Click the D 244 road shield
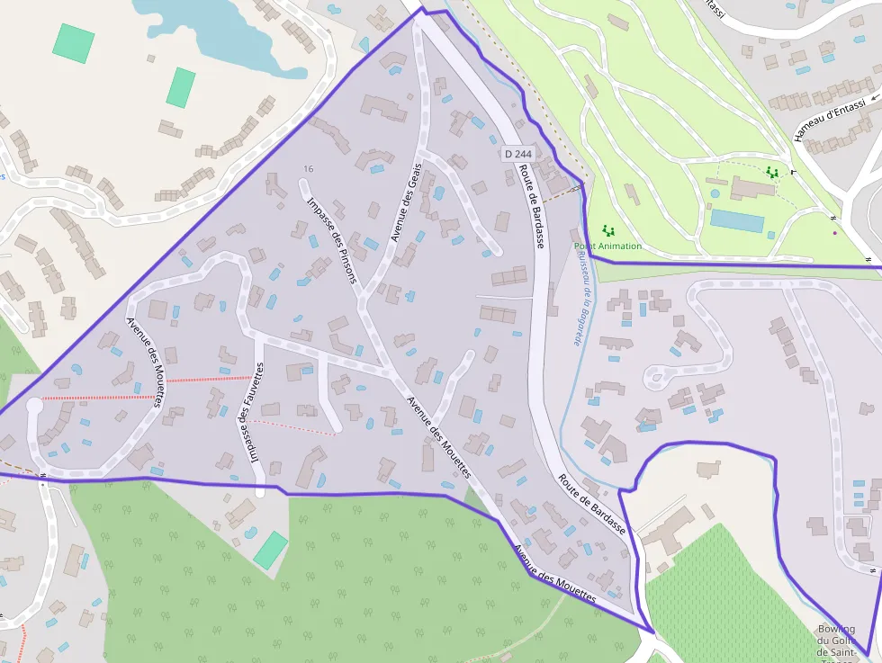coord(518,154)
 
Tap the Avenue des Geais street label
coord(406,204)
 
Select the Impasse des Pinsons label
coord(332,240)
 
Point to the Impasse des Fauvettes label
coord(252,411)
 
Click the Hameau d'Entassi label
coord(829,121)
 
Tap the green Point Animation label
coord(608,246)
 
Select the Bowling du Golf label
coord(836,641)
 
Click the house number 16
coord(309,169)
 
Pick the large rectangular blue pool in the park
coord(737,220)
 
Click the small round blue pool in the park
coord(715,193)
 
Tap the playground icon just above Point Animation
coord(607,230)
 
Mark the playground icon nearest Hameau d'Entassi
coord(771,171)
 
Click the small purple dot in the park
coord(834,233)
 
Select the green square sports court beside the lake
coord(73,43)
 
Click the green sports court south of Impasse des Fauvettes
coord(270,549)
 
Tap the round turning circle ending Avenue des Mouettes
coord(34,407)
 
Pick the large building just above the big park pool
coord(752,187)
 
